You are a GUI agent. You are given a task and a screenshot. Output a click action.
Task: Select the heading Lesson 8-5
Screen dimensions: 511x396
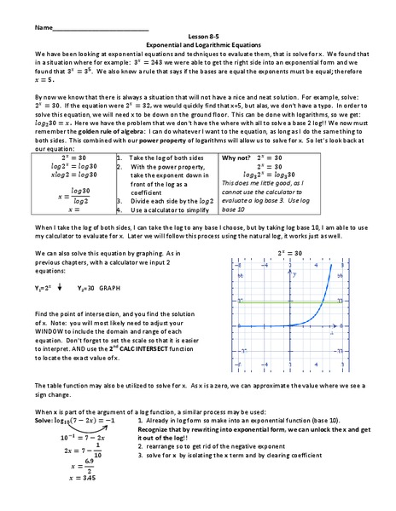click(197, 37)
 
